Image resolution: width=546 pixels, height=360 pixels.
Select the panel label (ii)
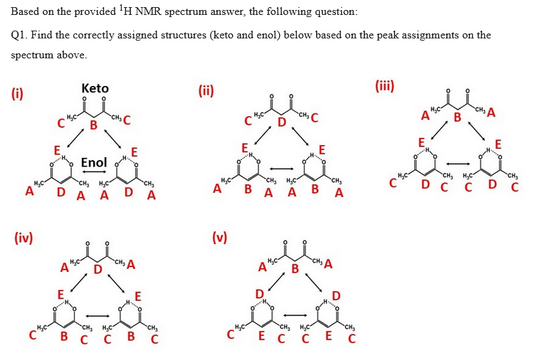(x=206, y=90)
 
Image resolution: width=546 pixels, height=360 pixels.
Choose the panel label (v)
(x=220, y=237)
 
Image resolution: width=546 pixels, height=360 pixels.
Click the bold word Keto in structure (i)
(x=95, y=88)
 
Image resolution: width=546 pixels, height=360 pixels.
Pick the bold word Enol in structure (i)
(x=93, y=162)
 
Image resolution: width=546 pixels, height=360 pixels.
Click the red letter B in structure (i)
(x=93, y=126)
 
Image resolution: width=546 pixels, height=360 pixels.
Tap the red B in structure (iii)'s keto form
(x=458, y=117)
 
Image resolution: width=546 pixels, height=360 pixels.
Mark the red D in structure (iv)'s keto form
(x=98, y=268)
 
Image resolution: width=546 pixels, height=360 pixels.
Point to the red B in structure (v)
(x=295, y=269)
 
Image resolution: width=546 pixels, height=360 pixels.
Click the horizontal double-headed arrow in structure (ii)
(x=280, y=169)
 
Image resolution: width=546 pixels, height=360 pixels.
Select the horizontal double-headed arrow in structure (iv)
(x=95, y=314)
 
